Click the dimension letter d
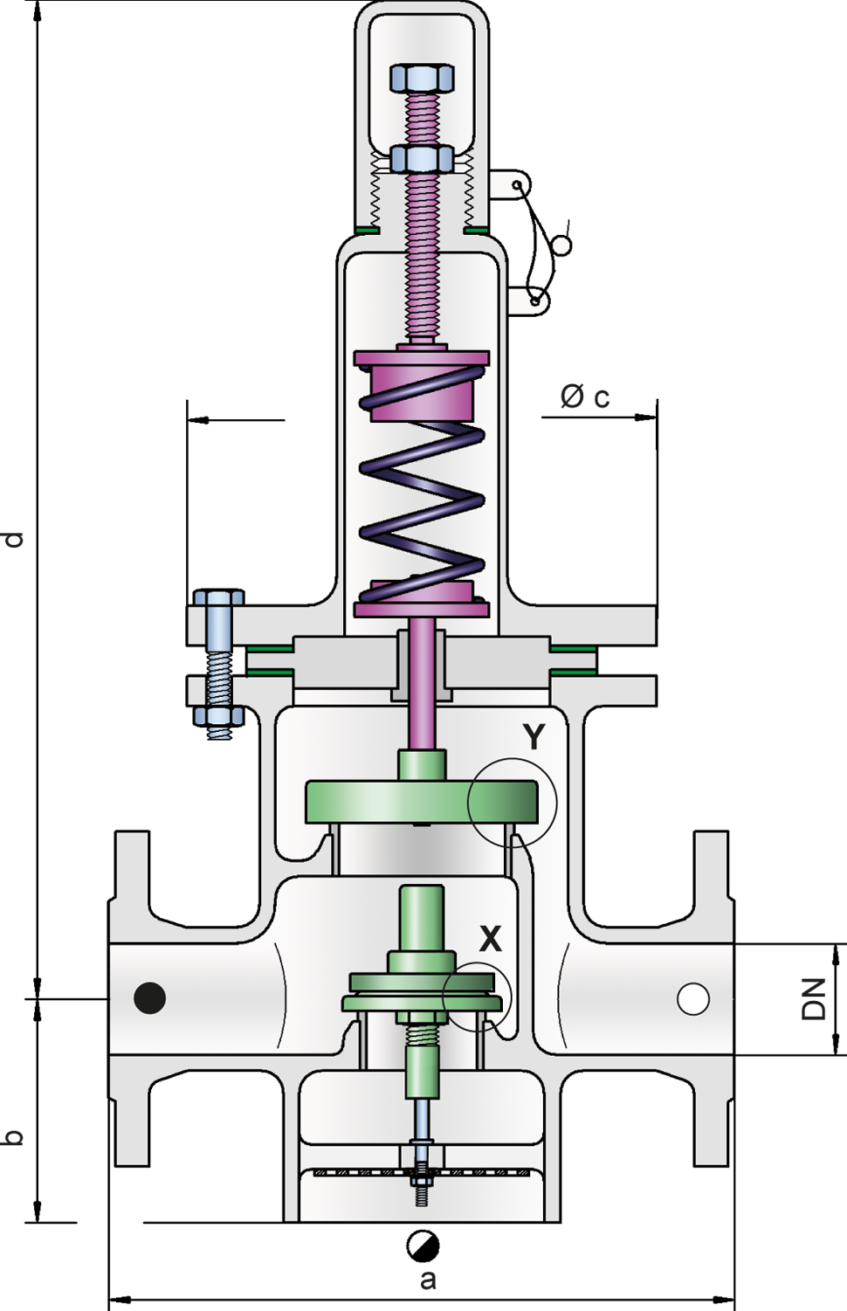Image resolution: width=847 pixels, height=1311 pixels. pyautogui.click(x=13, y=539)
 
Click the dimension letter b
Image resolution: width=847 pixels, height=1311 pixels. pyautogui.click(x=13, y=1136)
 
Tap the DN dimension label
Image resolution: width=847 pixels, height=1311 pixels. pyautogui.click(x=814, y=999)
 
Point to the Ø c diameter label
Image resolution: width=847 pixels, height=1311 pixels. pyautogui.click(x=585, y=397)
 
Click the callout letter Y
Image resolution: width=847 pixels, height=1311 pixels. pyautogui.click(x=534, y=736)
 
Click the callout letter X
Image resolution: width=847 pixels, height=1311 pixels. pyautogui.click(x=490, y=939)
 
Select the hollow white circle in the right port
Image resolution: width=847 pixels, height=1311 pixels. pyautogui.click(x=693, y=998)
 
